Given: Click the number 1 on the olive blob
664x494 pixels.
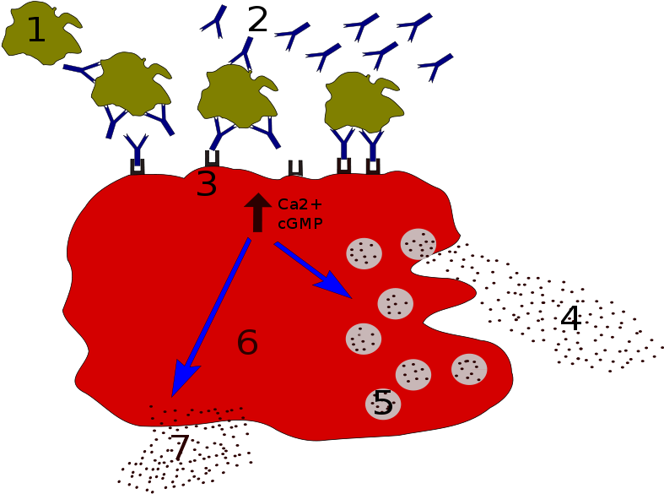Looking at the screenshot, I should pos(35,30).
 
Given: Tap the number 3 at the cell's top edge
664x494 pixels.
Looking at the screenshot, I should pos(207,184).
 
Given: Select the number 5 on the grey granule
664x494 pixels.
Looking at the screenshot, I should pos(383,403).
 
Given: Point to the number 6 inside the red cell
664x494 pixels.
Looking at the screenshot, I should pos(247,343).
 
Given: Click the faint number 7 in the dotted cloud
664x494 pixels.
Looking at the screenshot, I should pos(180,448).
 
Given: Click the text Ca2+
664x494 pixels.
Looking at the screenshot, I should pos(300,204).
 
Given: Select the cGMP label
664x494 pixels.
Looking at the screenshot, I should pos(300,224).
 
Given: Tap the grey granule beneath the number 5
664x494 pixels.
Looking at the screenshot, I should pos(383,404).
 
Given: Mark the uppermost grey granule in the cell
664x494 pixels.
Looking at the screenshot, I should pos(418,244).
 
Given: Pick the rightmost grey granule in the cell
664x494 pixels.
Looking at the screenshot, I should pos(469,369).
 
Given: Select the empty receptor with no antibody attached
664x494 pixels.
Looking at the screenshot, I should pos(295,168).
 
